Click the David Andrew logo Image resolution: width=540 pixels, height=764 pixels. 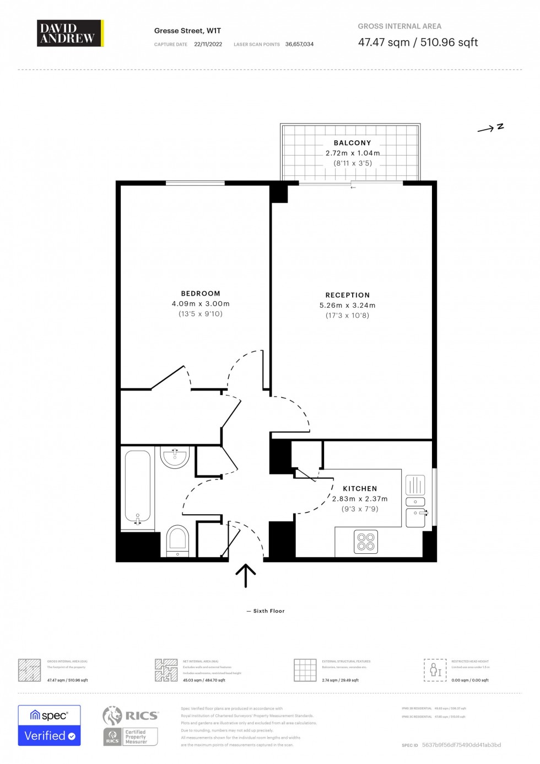(70, 33)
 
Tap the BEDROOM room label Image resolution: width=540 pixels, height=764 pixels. (201, 293)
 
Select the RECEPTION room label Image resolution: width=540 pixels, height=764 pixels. (348, 295)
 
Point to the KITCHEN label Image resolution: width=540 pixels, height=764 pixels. (360, 489)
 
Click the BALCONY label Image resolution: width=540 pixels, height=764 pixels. (353, 143)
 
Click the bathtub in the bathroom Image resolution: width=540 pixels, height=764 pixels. (137, 488)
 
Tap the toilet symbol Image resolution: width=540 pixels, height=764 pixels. (177, 540)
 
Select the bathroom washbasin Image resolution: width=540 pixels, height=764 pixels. (175, 457)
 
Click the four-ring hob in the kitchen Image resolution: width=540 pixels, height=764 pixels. (366, 542)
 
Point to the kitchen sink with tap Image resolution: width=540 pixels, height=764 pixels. (416, 517)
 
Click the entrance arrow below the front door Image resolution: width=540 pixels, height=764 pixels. (246, 575)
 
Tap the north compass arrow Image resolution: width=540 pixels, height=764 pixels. (490, 128)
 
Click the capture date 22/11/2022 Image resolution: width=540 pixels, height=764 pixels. (208, 44)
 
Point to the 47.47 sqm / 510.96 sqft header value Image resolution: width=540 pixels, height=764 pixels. (418, 42)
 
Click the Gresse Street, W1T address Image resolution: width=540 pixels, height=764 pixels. (187, 31)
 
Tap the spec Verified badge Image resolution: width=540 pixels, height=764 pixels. (50, 725)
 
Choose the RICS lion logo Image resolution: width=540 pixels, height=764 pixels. (112, 715)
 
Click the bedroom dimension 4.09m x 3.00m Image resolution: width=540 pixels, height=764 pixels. (201, 304)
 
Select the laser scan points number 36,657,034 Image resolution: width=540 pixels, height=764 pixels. (299, 44)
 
